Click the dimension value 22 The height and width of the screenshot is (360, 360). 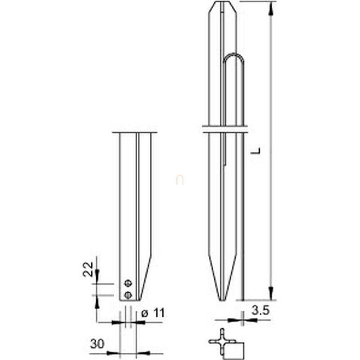pyautogui.click(x=88, y=269)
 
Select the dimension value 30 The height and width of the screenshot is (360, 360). pyautogui.click(x=97, y=344)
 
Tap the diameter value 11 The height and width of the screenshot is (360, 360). pyautogui.click(x=159, y=313)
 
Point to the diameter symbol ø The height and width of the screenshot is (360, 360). pyautogui.click(x=144, y=313)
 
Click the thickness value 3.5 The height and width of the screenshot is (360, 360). pyautogui.click(x=261, y=310)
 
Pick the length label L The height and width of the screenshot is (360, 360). pyautogui.click(x=255, y=151)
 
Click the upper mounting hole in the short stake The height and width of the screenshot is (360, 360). pyautogui.click(x=128, y=283)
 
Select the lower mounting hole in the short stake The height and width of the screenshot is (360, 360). pyautogui.click(x=128, y=295)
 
